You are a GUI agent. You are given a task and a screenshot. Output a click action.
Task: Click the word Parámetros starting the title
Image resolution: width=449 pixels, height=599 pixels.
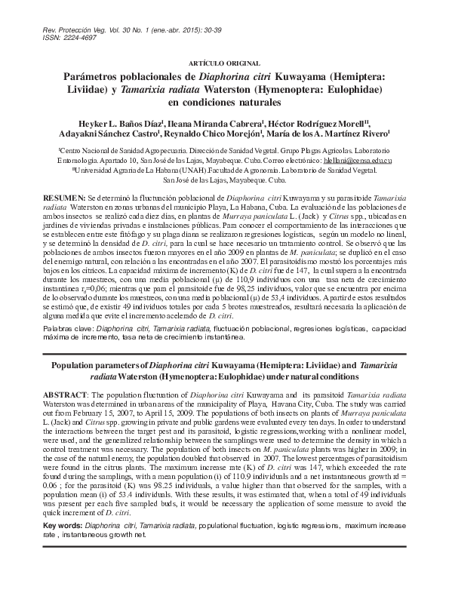[x=94, y=76]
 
